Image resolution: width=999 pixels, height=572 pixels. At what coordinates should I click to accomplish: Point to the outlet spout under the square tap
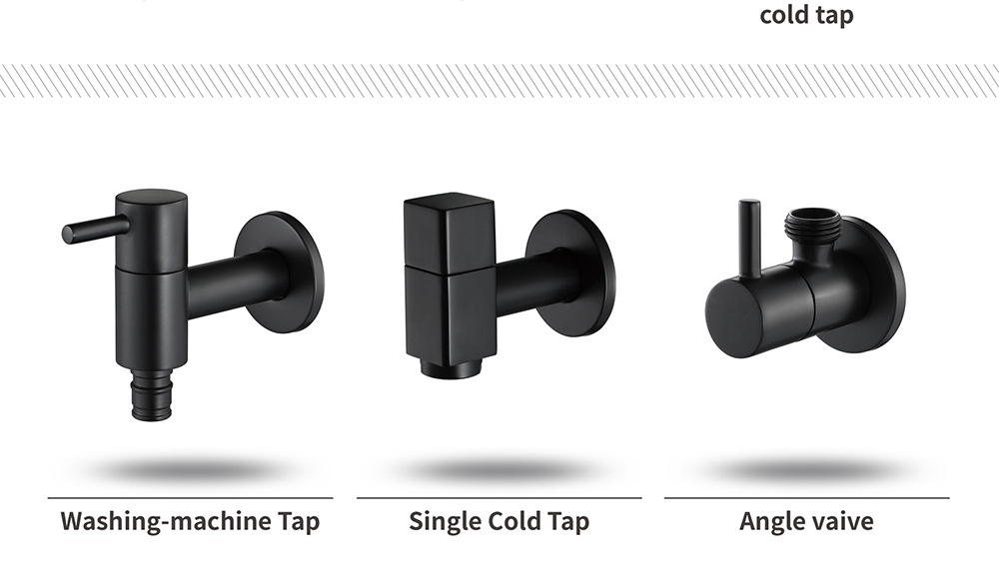tap(454, 367)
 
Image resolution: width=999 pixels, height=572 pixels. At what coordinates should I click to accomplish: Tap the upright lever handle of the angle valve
tap(749, 239)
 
